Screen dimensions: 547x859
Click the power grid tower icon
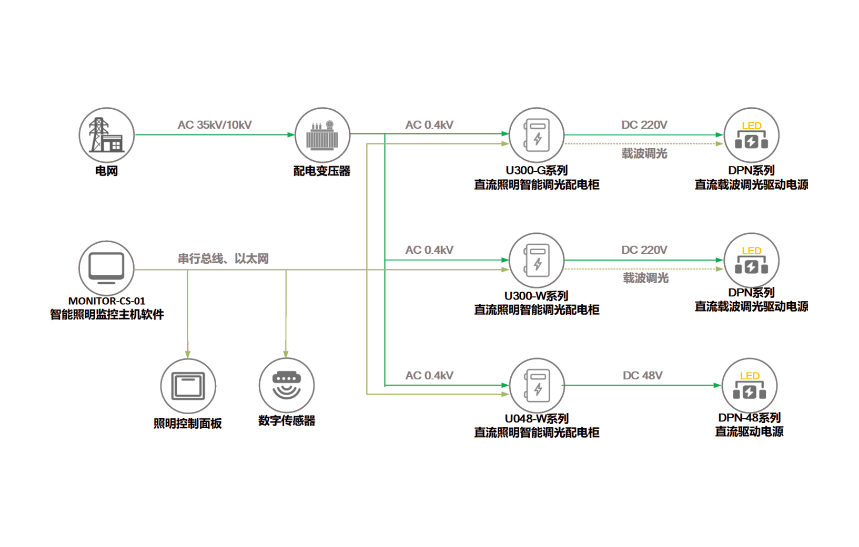tap(107, 135)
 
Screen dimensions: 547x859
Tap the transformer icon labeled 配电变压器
tap(322, 136)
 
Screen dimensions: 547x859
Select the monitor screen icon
tap(107, 267)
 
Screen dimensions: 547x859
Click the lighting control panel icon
tap(188, 386)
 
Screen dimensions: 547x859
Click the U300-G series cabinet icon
tap(537, 135)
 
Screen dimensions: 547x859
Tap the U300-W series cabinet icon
tap(537, 261)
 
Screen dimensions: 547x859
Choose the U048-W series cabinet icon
tap(537, 386)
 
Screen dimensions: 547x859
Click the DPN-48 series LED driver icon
tap(750, 386)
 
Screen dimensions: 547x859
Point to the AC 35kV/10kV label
tap(215, 126)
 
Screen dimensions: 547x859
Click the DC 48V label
tap(643, 376)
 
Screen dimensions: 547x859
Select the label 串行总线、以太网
tap(223, 259)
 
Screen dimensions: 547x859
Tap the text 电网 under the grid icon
tap(107, 170)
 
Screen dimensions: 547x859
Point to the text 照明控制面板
tap(188, 423)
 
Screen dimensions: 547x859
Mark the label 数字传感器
tap(287, 421)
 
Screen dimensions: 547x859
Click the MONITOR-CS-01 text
tap(107, 301)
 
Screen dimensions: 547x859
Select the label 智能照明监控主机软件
tap(107, 314)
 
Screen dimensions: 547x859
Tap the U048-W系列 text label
tap(537, 419)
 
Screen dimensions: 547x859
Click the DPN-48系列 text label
tap(749, 418)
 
